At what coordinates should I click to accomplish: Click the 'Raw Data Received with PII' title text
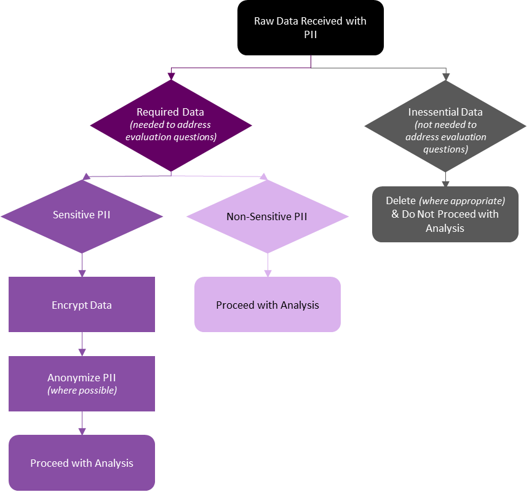click(x=310, y=28)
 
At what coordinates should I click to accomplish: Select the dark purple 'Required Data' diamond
click(x=171, y=125)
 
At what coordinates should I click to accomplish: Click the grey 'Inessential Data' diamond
click(x=445, y=129)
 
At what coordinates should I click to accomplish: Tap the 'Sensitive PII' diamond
click(x=82, y=216)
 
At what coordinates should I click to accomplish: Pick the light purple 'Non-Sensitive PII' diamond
click(x=267, y=216)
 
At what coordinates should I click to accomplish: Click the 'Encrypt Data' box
click(x=82, y=304)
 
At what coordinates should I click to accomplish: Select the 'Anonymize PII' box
click(x=82, y=384)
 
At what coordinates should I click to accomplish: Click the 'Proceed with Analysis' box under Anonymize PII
click(x=82, y=463)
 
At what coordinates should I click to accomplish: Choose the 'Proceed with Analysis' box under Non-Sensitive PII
click(x=268, y=305)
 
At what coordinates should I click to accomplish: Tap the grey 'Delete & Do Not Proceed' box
click(x=445, y=215)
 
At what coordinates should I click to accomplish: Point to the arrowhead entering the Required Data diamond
click(x=171, y=75)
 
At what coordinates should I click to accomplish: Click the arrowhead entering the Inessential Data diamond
click(x=445, y=77)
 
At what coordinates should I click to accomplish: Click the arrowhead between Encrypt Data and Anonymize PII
click(x=82, y=352)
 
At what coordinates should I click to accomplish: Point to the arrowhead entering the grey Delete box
click(x=445, y=183)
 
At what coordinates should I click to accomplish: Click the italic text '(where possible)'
click(x=82, y=391)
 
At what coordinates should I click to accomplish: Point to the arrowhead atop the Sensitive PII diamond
click(x=87, y=177)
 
